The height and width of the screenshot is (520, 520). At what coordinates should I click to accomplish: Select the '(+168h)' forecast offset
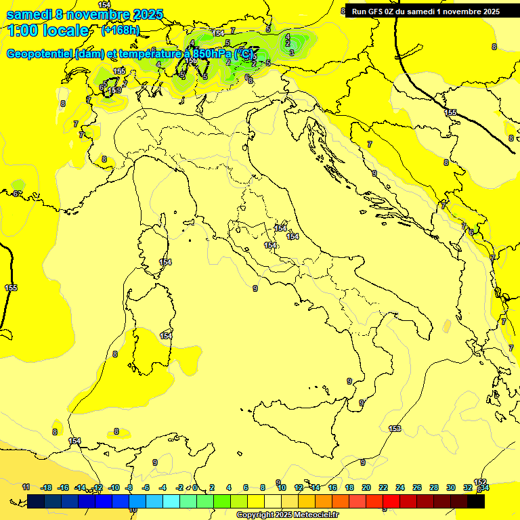click(121, 30)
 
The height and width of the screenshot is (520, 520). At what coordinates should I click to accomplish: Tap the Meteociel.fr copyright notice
click(287, 515)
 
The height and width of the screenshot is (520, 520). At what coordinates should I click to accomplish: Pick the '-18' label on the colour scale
click(47, 487)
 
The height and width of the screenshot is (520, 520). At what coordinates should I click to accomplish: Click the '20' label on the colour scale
click(366, 487)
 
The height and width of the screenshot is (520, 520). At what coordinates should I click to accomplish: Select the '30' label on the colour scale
click(450, 487)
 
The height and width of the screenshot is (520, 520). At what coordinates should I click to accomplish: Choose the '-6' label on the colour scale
click(146, 487)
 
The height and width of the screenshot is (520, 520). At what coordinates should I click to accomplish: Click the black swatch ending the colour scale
click(476, 501)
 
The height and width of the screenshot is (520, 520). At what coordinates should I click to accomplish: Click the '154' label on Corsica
click(165, 262)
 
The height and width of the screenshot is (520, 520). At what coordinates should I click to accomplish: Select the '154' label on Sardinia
click(166, 336)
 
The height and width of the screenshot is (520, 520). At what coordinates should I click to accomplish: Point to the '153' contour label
click(395, 429)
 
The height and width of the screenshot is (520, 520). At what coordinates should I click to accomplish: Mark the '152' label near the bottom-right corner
click(480, 482)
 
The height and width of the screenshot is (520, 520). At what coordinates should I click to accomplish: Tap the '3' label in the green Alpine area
click(291, 52)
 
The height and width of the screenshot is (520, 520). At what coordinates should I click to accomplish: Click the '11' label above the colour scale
click(26, 487)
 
